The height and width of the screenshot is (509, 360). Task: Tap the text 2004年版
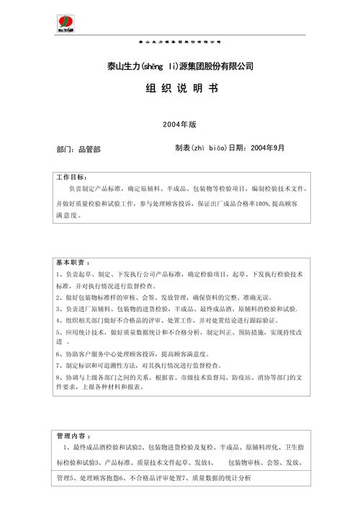180,124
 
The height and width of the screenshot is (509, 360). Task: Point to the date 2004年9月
268,148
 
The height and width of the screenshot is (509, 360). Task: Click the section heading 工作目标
71,177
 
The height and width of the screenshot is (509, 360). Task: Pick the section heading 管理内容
71,437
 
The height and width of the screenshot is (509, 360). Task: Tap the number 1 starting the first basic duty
57,274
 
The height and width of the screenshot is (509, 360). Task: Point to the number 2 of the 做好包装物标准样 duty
57,297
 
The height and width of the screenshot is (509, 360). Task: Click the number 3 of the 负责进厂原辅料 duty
57,309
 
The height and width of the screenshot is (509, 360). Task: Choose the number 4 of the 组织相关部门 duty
57,320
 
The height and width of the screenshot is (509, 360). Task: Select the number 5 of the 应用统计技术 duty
57,332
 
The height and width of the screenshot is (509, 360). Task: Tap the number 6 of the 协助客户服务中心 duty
57,354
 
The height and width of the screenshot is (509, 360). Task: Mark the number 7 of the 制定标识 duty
57,366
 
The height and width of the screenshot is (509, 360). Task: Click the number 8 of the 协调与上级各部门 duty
57,377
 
